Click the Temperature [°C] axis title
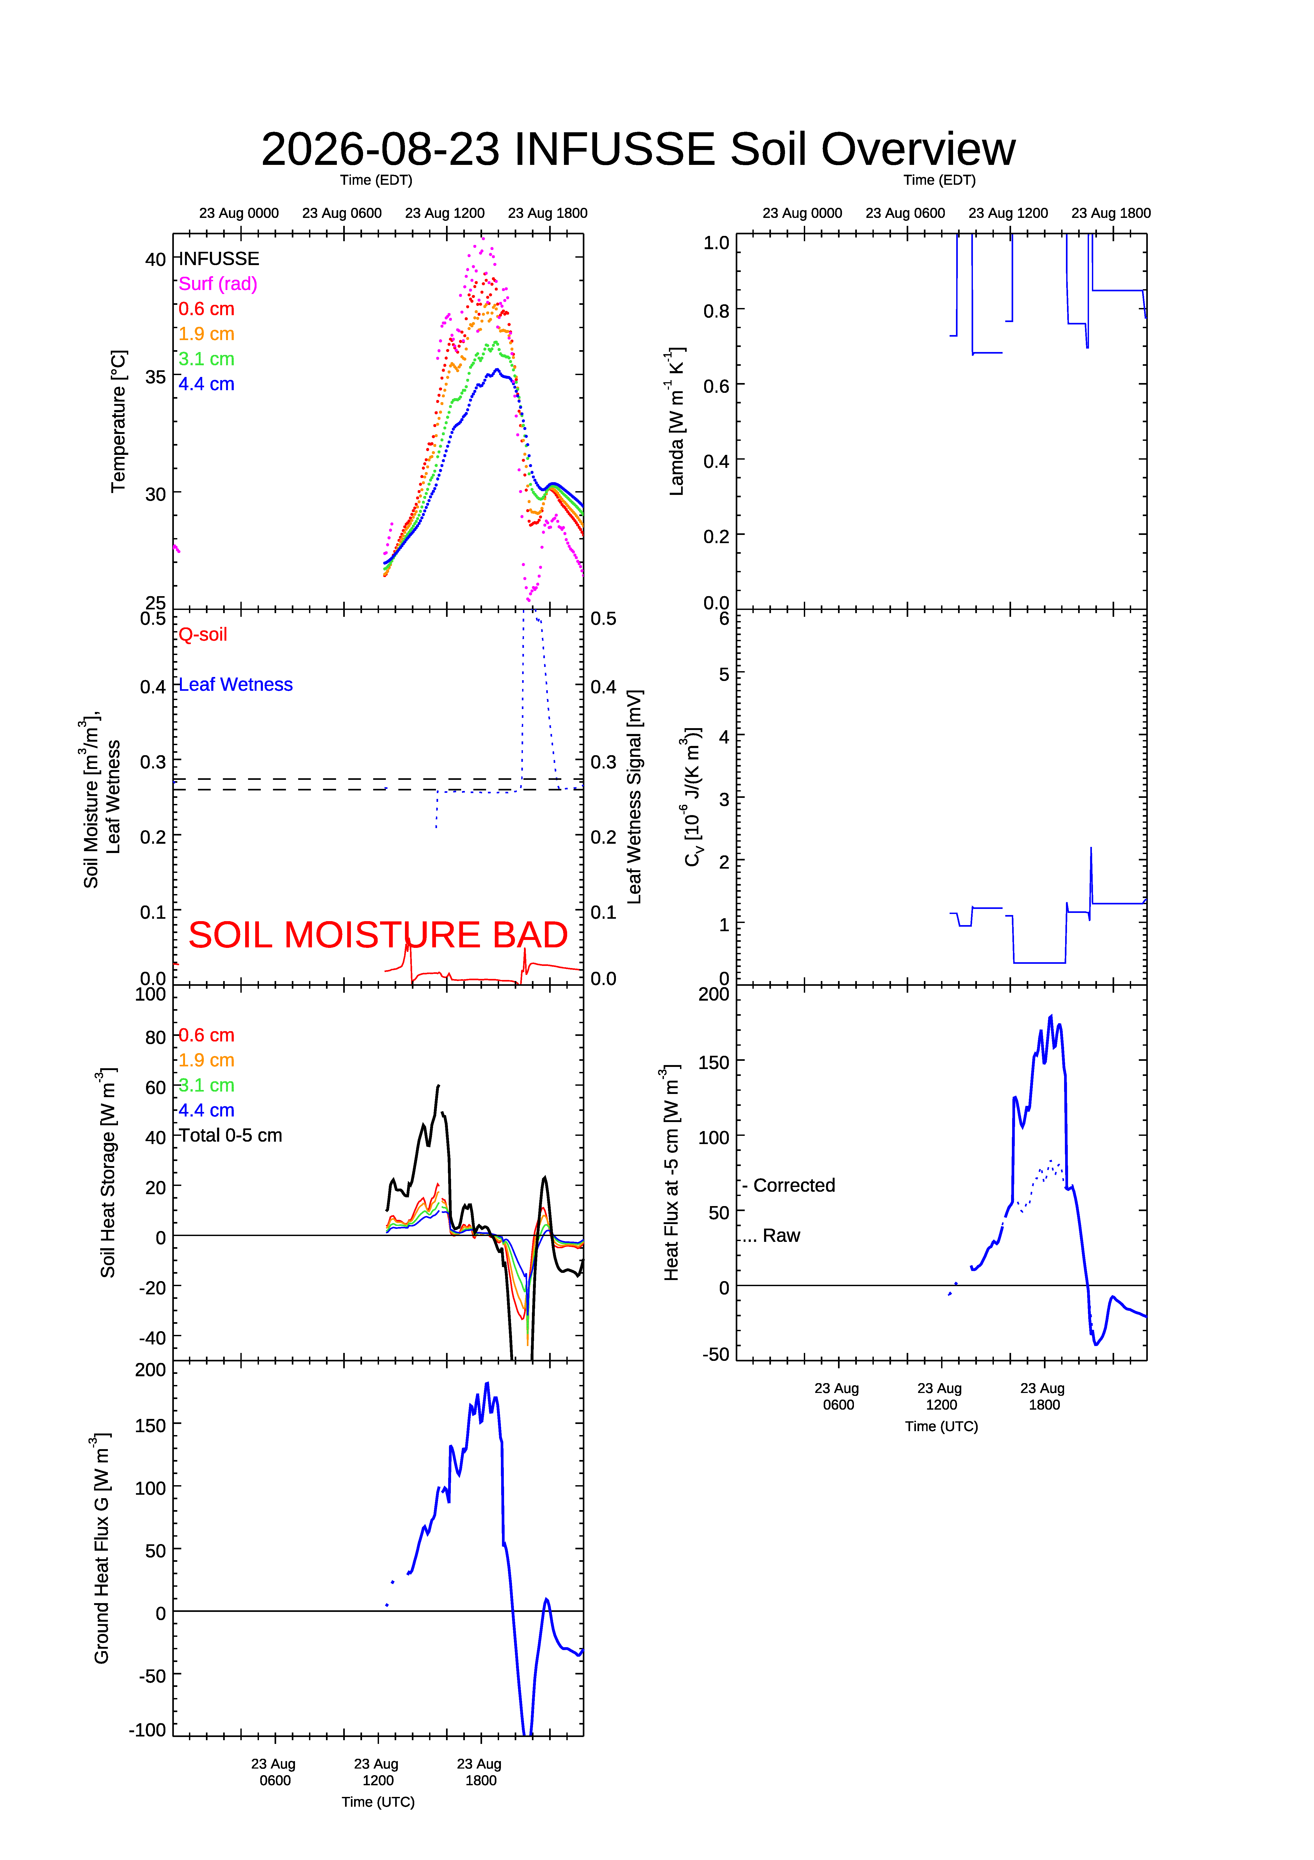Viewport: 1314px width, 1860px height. (118, 421)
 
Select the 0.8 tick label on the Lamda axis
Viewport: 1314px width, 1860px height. (716, 311)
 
